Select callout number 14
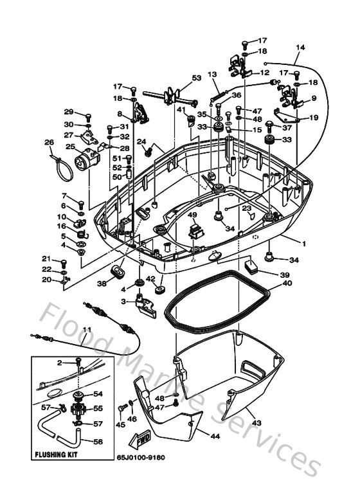300,48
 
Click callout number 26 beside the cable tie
48,142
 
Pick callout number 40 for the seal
287,283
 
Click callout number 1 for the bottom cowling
303,245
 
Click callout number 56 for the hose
98,442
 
